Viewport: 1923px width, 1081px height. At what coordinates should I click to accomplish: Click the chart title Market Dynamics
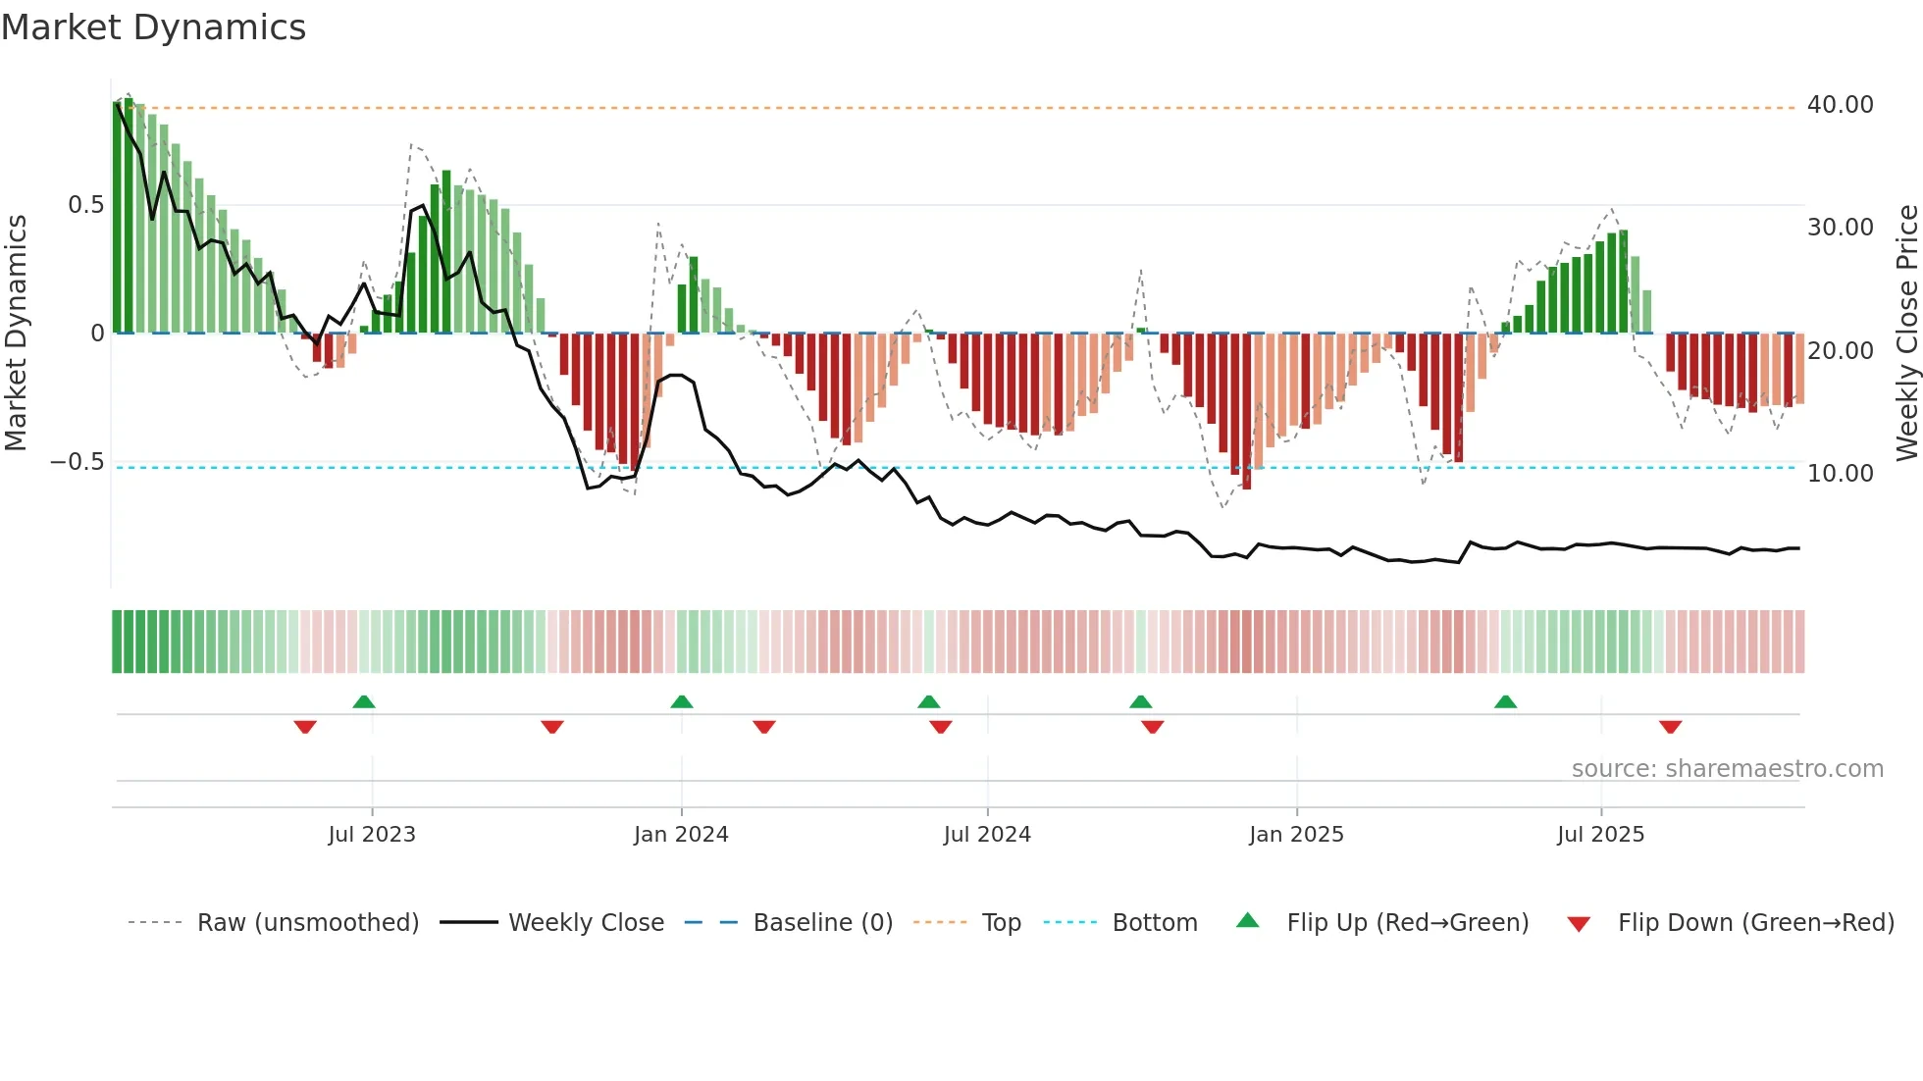[153, 27]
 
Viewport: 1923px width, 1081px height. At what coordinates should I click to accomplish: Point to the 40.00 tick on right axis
[1840, 105]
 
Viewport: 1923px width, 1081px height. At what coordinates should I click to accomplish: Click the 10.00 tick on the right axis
[1840, 474]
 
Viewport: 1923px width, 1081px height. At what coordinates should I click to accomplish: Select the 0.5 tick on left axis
[85, 205]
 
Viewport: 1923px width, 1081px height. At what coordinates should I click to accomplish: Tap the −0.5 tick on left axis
[77, 462]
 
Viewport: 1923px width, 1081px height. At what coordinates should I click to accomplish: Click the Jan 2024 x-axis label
[681, 835]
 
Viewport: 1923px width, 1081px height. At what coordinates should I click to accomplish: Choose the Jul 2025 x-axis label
[1600, 835]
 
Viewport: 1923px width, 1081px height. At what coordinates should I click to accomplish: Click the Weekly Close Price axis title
[1906, 333]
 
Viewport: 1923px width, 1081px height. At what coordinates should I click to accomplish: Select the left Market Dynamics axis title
[16, 333]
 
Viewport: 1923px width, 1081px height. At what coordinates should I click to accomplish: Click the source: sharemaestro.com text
[1727, 769]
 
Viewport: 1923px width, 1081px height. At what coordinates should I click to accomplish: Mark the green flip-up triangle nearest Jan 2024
[682, 701]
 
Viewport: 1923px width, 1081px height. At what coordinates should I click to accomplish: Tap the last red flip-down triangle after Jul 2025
[1671, 727]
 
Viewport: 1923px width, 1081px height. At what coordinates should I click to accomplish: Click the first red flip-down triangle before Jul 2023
[305, 727]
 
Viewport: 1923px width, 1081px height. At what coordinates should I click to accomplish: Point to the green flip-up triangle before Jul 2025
[1505, 701]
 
